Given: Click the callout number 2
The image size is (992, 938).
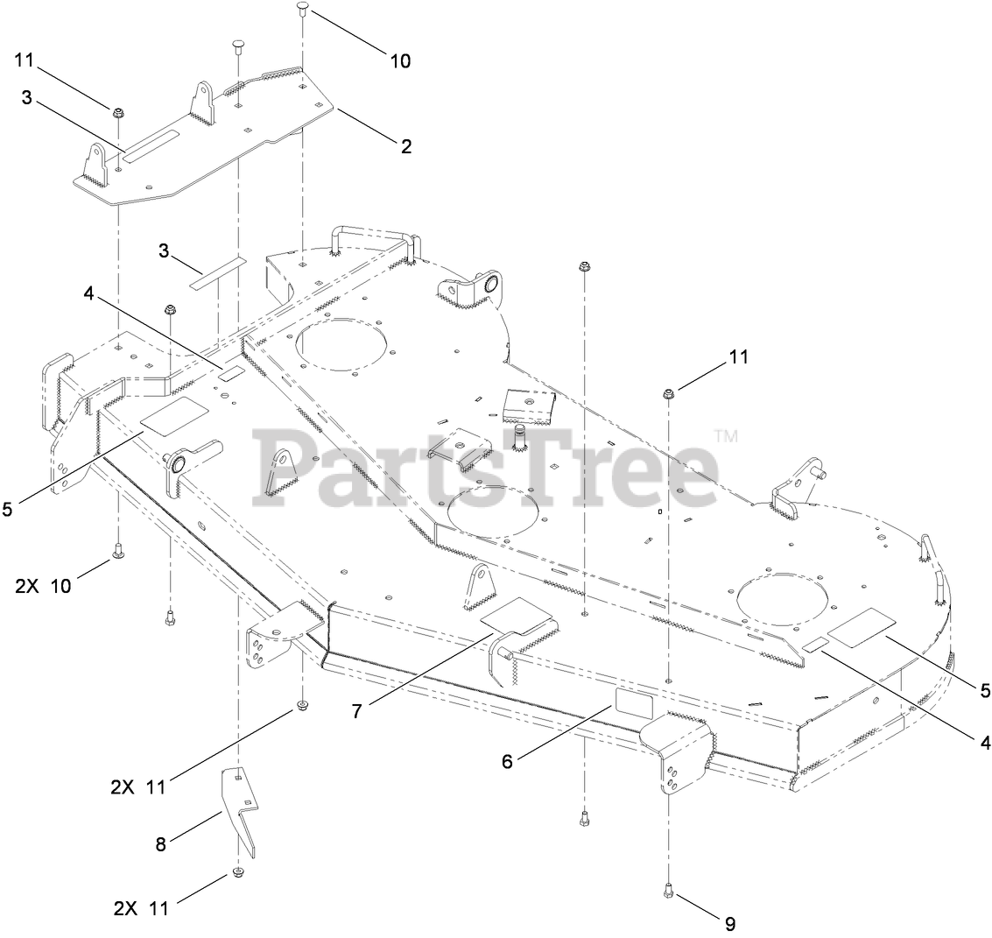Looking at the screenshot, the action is (405, 146).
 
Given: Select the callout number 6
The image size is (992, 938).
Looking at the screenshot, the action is (506, 761).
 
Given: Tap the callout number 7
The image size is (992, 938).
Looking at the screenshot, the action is (356, 711).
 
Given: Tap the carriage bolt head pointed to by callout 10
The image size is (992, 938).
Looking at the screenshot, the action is (302, 9).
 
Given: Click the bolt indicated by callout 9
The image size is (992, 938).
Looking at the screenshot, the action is (668, 890).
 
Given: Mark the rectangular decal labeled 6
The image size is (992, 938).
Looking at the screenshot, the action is (634, 703).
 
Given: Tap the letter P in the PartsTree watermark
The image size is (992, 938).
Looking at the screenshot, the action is (285, 469).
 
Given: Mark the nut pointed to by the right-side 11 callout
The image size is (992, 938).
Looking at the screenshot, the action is (668, 394).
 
